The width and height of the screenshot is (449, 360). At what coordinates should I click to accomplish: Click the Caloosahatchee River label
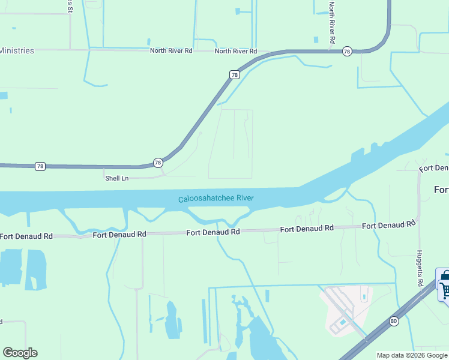coord(215,199)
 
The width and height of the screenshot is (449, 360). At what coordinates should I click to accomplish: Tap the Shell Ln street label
coord(117,178)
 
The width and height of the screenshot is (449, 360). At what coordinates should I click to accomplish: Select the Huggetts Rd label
coord(420,268)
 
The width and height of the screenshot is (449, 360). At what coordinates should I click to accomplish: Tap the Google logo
coord(20,353)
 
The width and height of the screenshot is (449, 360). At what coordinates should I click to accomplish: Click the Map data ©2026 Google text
coord(412,355)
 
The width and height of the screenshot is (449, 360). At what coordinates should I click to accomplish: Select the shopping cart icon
coord(445,289)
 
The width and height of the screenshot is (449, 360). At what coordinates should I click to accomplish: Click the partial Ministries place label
coord(17,50)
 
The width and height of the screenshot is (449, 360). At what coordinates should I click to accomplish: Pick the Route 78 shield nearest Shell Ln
coord(157,163)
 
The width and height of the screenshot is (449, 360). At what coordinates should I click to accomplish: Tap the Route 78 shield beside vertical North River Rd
coord(347,52)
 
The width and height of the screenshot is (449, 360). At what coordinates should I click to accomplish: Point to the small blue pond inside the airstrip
coord(342,322)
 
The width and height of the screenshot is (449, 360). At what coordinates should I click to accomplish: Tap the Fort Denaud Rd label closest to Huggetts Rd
coord(388,225)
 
